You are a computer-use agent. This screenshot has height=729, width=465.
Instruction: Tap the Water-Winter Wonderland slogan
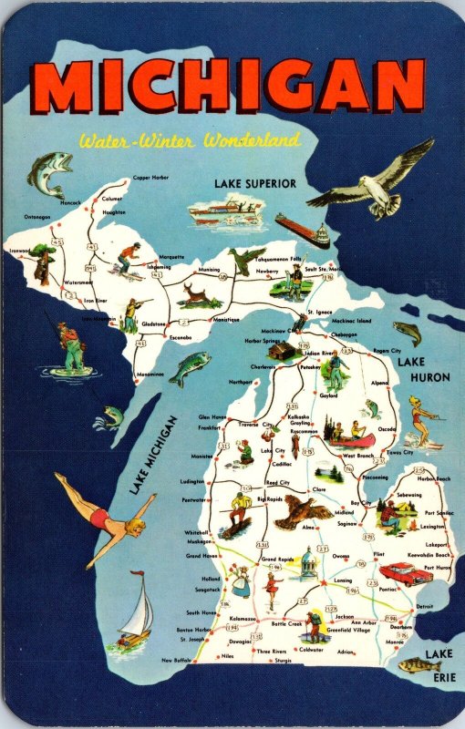[189, 141]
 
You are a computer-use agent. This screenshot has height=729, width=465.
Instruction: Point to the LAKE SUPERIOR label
[255, 183]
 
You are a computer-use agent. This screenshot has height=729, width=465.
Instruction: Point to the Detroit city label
[425, 606]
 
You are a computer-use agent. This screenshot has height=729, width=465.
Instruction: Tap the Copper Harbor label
[150, 178]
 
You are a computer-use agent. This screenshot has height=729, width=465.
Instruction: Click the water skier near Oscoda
[420, 422]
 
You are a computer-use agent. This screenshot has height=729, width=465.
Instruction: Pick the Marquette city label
[171, 257]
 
